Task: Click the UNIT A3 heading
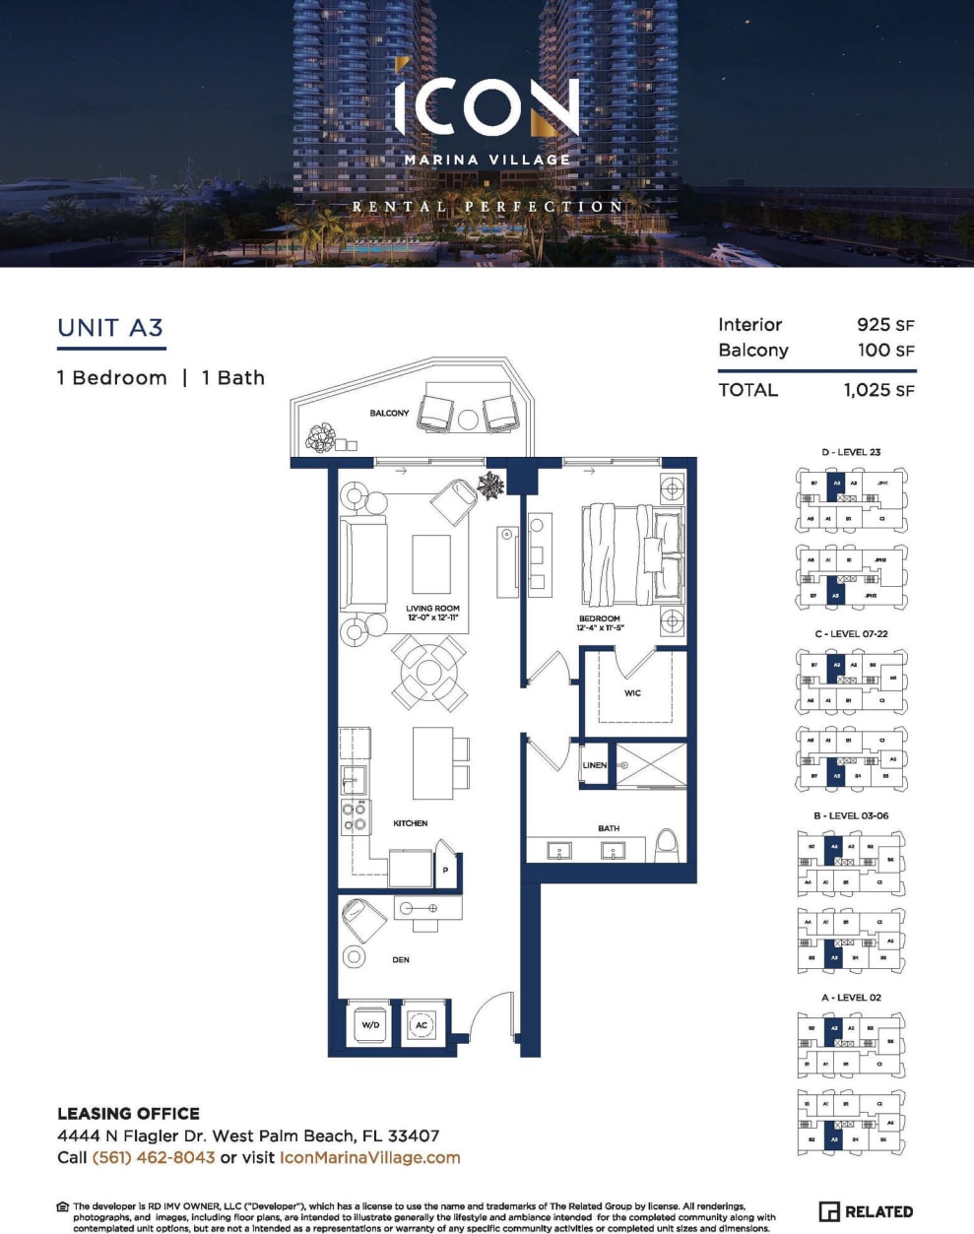110,328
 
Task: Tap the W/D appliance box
370,1025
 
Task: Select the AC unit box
422,1025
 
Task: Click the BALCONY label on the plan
389,413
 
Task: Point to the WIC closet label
632,693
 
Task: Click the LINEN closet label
595,765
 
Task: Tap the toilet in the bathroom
667,845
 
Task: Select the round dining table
429,673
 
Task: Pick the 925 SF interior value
885,325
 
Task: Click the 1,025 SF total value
878,390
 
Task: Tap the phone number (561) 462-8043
154,1157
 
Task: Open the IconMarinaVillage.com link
370,1157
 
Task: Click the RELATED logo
866,1211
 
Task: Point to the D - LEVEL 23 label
851,452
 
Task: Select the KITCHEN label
411,823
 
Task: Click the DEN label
401,959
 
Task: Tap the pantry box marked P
445,870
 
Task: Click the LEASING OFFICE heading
128,1114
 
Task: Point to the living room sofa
362,561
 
